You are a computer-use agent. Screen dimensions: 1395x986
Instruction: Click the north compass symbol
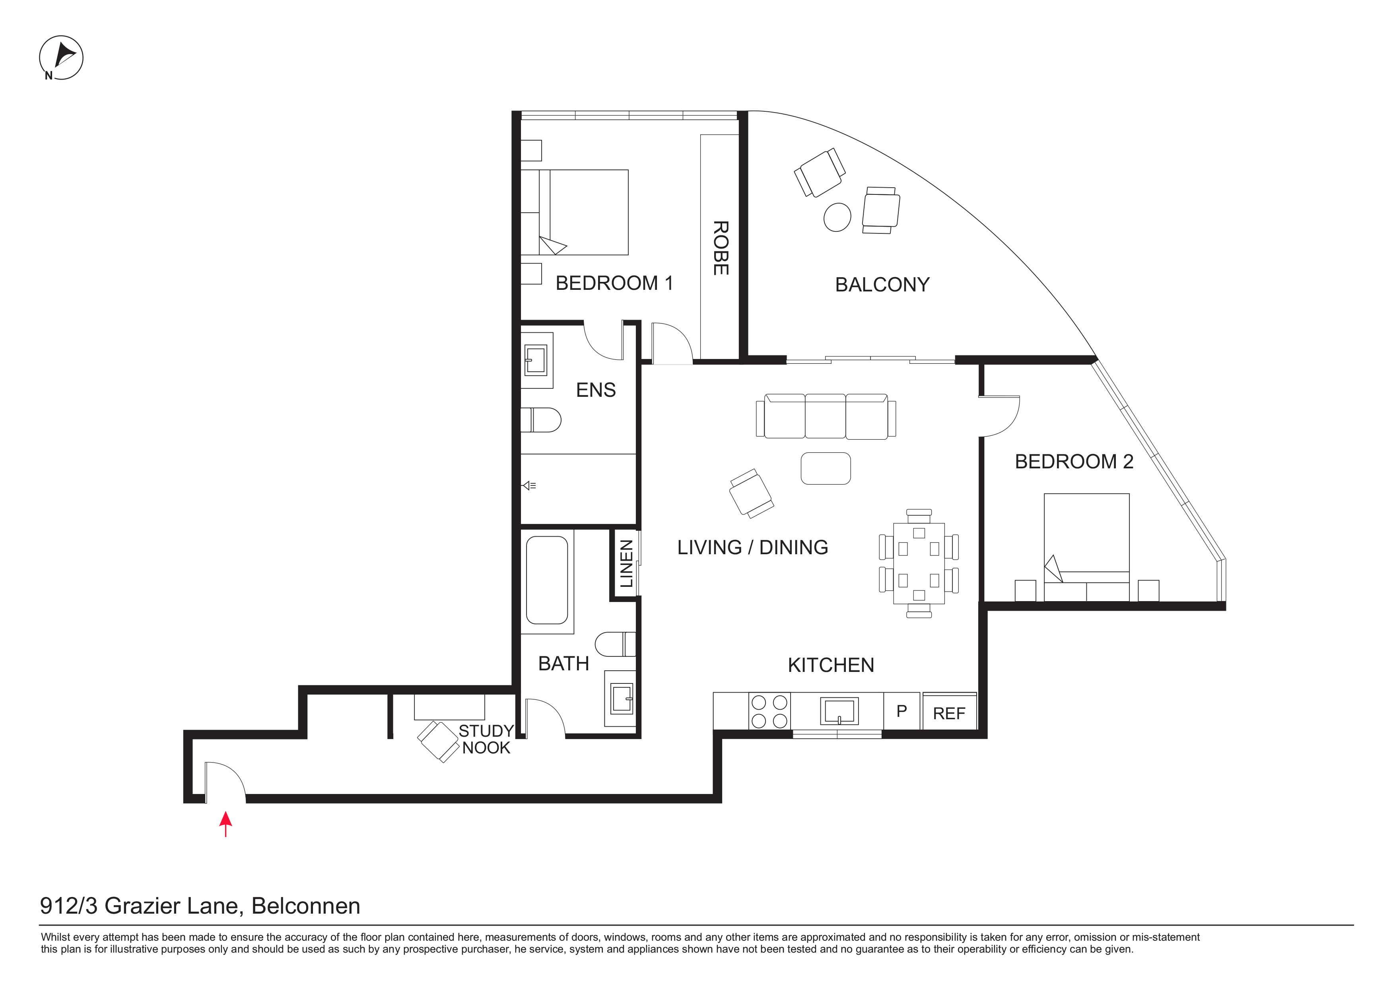61,58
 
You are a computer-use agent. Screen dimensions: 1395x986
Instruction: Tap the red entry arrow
225,824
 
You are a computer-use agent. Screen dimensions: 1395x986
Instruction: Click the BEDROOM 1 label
614,283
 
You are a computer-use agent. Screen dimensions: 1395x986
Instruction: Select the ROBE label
721,248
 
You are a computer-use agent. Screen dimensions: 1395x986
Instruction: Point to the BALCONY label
882,285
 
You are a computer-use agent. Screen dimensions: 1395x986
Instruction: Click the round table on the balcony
837,217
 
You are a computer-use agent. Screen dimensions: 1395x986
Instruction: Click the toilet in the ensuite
541,420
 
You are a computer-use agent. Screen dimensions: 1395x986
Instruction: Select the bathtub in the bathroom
547,580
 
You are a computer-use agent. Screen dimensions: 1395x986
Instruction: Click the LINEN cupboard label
626,564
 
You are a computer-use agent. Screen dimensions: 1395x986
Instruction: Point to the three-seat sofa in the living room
826,416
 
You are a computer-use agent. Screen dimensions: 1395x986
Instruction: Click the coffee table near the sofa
826,468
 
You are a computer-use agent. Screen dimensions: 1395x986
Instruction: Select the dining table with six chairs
919,563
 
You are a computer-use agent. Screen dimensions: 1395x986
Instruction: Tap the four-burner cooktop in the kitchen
769,711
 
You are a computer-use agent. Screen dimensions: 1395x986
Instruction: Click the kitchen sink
839,711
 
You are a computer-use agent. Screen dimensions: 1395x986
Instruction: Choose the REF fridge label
949,714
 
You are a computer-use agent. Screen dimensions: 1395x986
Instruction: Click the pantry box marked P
902,711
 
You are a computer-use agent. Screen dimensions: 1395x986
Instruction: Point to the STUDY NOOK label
486,739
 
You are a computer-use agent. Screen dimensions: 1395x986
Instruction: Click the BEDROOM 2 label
1074,462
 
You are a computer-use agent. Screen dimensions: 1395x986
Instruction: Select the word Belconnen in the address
306,906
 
